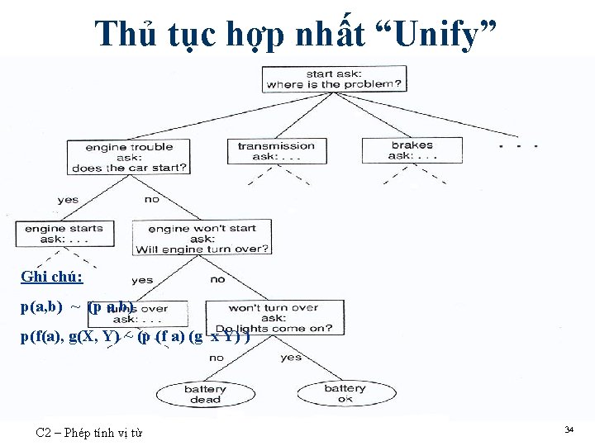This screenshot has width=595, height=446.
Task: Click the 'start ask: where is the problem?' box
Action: pos(333,79)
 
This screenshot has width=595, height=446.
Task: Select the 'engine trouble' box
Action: pos(129,157)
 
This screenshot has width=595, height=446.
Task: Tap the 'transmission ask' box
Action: pos(276,151)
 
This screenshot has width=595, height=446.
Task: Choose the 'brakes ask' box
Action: pos(412,150)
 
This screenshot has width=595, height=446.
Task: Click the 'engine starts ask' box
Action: pos(64,234)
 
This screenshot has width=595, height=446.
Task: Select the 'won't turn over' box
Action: pos(273,317)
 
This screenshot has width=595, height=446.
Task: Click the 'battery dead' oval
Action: pos(204,394)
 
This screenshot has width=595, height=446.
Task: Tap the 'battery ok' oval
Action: pos(345,393)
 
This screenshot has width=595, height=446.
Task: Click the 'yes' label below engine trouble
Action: pos(68,200)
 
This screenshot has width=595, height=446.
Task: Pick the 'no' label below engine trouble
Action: pos(152,199)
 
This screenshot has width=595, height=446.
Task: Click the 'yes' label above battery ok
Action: pos(291,358)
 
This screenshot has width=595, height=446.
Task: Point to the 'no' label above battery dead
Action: pos(217,358)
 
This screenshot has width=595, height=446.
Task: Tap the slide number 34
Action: pos(569,429)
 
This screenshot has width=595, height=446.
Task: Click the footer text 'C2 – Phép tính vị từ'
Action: pos(89,431)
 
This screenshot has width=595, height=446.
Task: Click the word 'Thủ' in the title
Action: pos(121,34)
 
